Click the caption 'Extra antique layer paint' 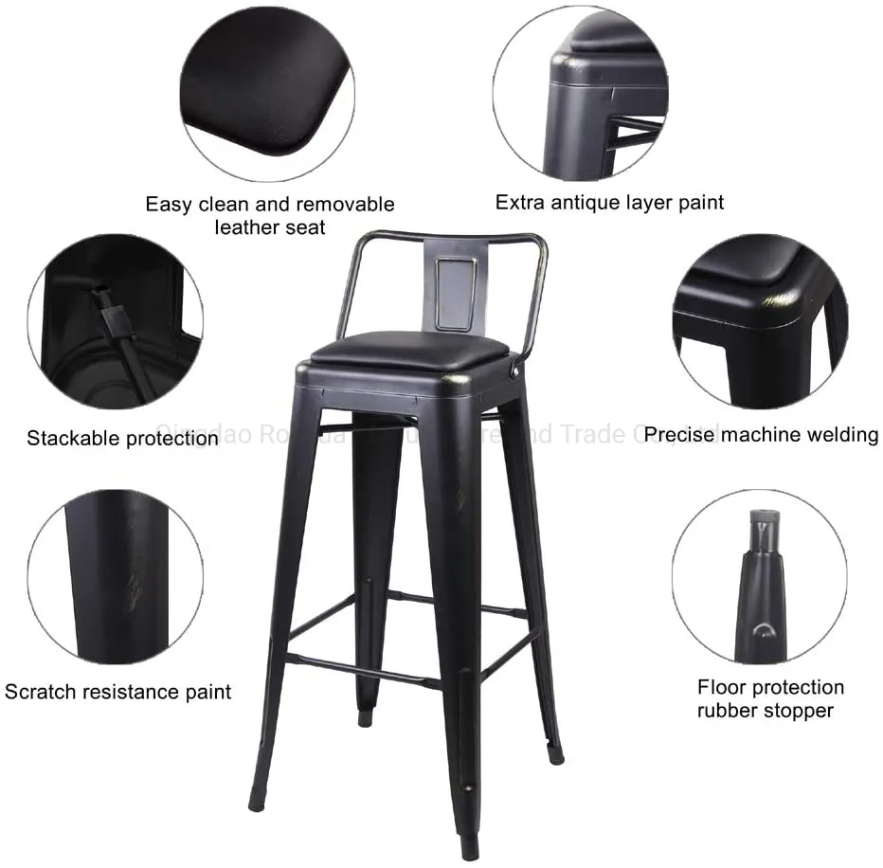point(609,202)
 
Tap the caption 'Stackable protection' point(122,438)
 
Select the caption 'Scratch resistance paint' point(117,692)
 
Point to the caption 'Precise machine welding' point(762,435)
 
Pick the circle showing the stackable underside point(115,322)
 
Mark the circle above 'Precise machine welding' point(759,322)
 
